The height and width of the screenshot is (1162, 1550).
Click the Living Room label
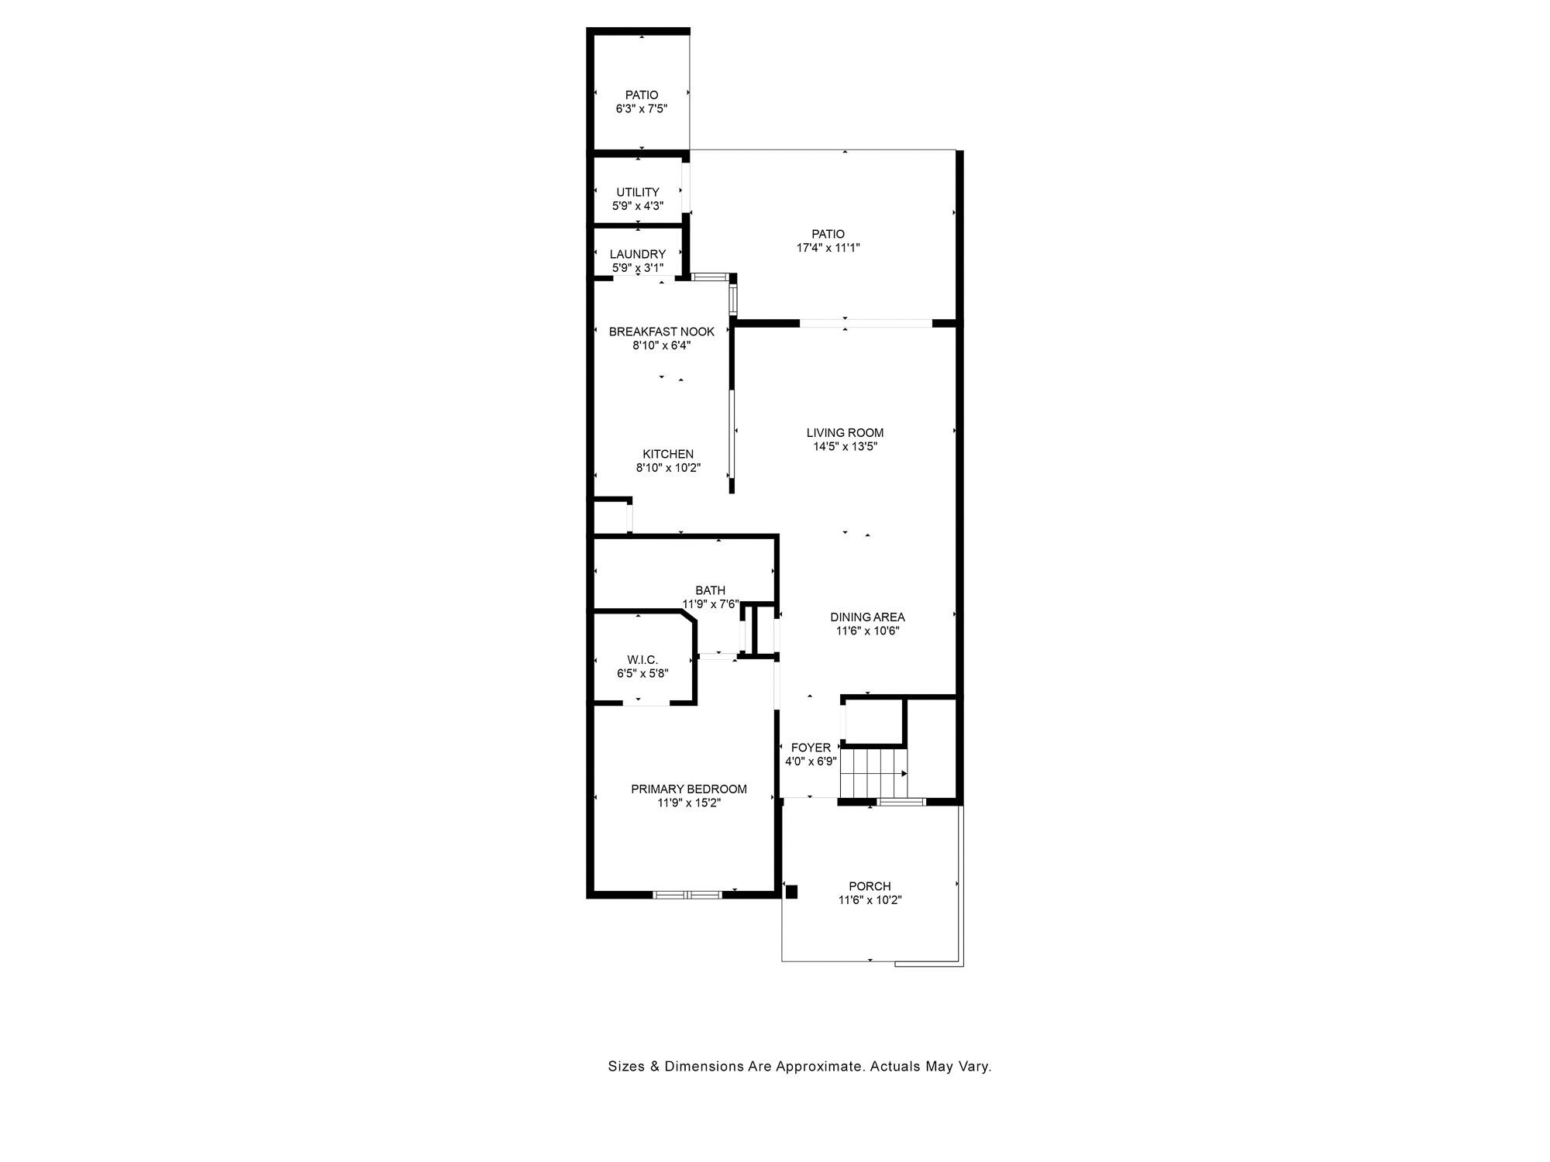[845, 433]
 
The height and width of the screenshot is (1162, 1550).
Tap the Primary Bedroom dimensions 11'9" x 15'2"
[690, 803]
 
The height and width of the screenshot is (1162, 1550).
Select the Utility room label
[638, 192]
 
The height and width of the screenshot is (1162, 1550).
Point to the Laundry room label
[638, 254]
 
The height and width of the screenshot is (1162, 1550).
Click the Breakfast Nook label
[662, 332]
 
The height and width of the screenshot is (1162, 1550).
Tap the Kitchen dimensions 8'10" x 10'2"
[668, 468]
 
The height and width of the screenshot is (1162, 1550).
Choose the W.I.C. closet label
[642, 660]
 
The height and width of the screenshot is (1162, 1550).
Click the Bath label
[711, 590]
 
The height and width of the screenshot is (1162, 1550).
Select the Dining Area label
[867, 617]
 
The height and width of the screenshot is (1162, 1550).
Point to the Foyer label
[811, 748]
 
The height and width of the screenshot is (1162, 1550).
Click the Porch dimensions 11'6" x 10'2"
[870, 900]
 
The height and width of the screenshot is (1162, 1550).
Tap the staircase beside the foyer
[873, 772]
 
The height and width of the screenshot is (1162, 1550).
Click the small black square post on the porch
[791, 892]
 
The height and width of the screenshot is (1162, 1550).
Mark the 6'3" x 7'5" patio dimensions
[642, 109]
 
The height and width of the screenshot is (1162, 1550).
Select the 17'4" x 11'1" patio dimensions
[828, 248]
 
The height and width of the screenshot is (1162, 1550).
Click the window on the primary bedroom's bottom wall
[687, 895]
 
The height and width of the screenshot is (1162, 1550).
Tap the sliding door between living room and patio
[866, 323]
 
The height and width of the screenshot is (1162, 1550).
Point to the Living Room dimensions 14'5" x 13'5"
[845, 447]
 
